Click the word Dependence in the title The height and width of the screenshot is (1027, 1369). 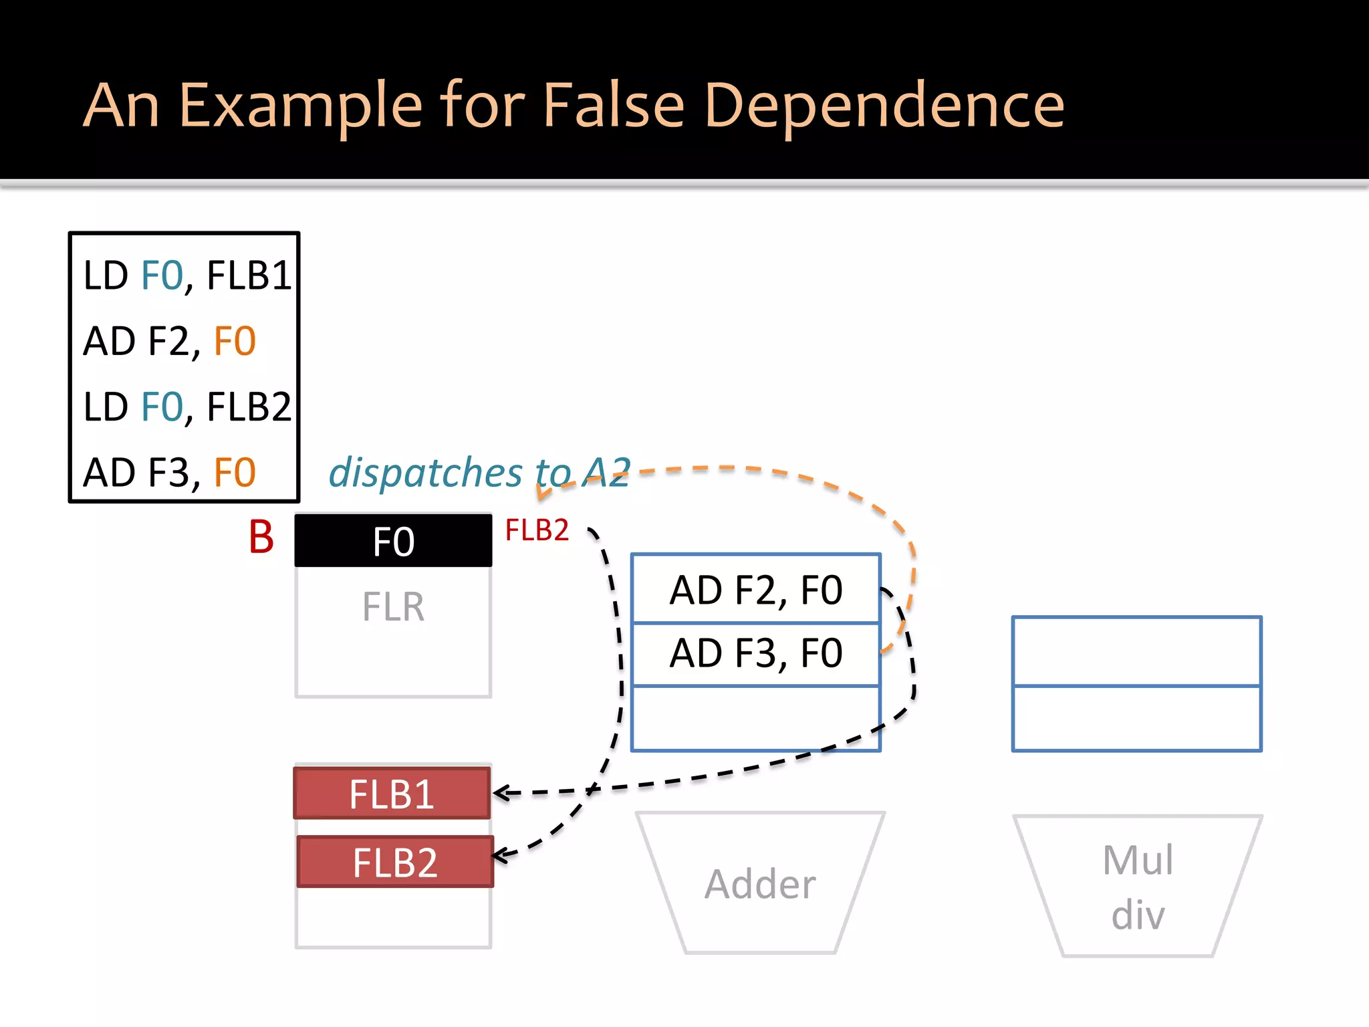pyautogui.click(x=884, y=106)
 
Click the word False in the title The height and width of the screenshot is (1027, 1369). pyautogui.click(x=613, y=106)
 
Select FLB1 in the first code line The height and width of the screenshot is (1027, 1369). pyautogui.click(x=249, y=275)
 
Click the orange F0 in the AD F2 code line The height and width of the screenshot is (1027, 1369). pyautogui.click(x=235, y=341)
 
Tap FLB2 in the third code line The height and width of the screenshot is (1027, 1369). pyautogui.click(x=249, y=407)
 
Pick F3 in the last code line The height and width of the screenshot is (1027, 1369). pyautogui.click(x=168, y=473)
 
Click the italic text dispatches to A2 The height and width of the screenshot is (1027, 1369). pyautogui.click(x=479, y=473)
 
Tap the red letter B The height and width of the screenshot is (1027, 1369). pyautogui.click(x=261, y=537)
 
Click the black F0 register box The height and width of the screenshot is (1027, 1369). pyautogui.click(x=393, y=540)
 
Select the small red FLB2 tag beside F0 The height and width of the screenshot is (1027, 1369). pyautogui.click(x=536, y=530)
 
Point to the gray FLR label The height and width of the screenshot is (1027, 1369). pyautogui.click(x=393, y=607)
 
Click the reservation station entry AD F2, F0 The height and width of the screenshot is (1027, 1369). pyautogui.click(x=755, y=590)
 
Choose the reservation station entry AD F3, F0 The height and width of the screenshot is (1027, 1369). pyautogui.click(x=755, y=653)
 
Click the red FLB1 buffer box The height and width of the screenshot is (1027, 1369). pyautogui.click(x=392, y=794)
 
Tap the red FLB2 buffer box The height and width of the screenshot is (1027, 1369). pyautogui.click(x=394, y=862)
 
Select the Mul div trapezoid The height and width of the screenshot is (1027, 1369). pyautogui.click(x=1137, y=886)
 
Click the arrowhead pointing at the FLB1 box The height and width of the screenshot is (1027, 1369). pyautogui.click(x=499, y=793)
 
